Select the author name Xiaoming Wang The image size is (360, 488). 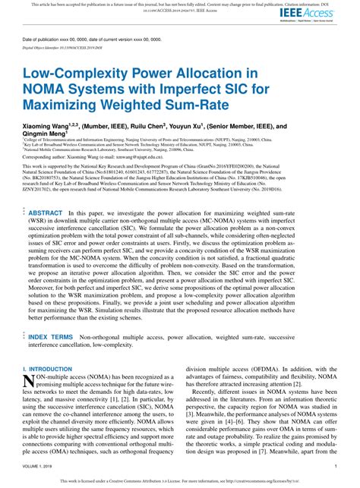[46, 127]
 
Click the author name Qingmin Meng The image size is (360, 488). [43, 137]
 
